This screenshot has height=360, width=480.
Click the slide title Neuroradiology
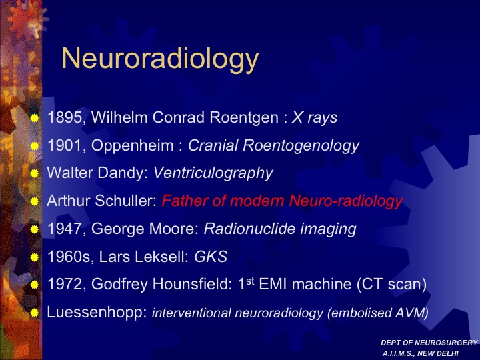click(x=160, y=59)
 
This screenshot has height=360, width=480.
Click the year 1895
click(x=65, y=117)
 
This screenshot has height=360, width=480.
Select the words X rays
click(x=315, y=117)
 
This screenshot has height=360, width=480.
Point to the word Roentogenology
click(x=301, y=146)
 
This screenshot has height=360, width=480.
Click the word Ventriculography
click(x=213, y=173)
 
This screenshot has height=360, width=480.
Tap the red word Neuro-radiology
click(x=345, y=201)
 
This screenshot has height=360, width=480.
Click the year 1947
click(x=65, y=229)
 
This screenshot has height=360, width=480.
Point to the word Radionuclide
click(x=250, y=229)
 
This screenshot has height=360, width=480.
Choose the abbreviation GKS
click(x=211, y=257)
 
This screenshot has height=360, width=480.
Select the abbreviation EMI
click(x=273, y=284)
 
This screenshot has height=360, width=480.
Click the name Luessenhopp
click(x=97, y=313)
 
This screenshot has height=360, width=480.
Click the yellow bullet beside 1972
click(x=34, y=285)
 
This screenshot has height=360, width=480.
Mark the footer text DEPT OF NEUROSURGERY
click(x=429, y=343)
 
